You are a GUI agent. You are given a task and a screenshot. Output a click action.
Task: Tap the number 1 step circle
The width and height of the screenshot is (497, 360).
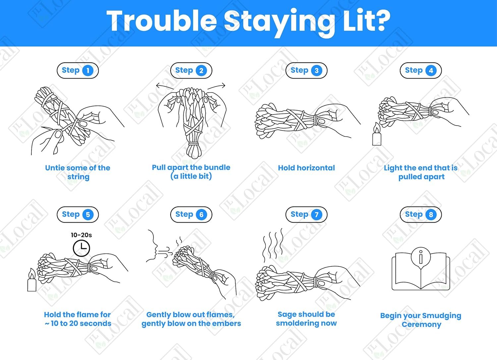point(88,71)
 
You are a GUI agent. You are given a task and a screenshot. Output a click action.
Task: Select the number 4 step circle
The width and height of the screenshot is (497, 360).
point(431,71)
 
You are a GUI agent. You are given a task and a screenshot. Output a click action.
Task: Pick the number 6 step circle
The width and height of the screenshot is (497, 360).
point(201,214)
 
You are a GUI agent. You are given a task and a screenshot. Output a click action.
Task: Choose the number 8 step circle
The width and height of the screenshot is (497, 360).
point(431,214)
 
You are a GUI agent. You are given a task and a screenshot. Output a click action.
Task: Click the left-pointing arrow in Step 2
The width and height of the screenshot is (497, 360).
point(165,86)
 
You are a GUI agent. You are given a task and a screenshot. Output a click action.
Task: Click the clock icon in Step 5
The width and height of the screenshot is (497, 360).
point(82,248)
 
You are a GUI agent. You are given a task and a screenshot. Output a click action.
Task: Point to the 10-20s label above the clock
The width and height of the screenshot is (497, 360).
point(81,235)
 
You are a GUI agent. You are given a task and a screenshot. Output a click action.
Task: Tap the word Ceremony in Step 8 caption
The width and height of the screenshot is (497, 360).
point(421,325)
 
